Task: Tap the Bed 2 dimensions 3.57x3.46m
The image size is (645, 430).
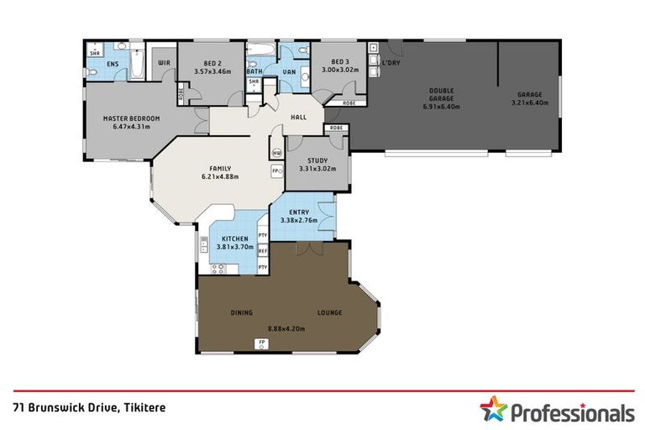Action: [x=212, y=71]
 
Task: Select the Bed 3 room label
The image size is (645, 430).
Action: [x=339, y=62]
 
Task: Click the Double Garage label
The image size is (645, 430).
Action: [x=442, y=91]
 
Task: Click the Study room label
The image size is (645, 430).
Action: [x=317, y=160]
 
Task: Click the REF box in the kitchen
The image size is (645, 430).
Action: [x=263, y=250]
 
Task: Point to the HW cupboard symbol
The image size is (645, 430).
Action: [x=276, y=153]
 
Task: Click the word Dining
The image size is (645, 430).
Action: [x=242, y=312]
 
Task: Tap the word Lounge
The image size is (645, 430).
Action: [x=329, y=312]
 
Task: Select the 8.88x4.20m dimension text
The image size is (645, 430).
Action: [x=286, y=328]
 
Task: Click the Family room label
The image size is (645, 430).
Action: [x=220, y=168]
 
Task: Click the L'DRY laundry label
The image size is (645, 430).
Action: [x=390, y=63]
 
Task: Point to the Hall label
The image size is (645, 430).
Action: [x=297, y=118]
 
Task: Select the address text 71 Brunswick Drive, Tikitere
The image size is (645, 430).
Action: [x=89, y=406]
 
